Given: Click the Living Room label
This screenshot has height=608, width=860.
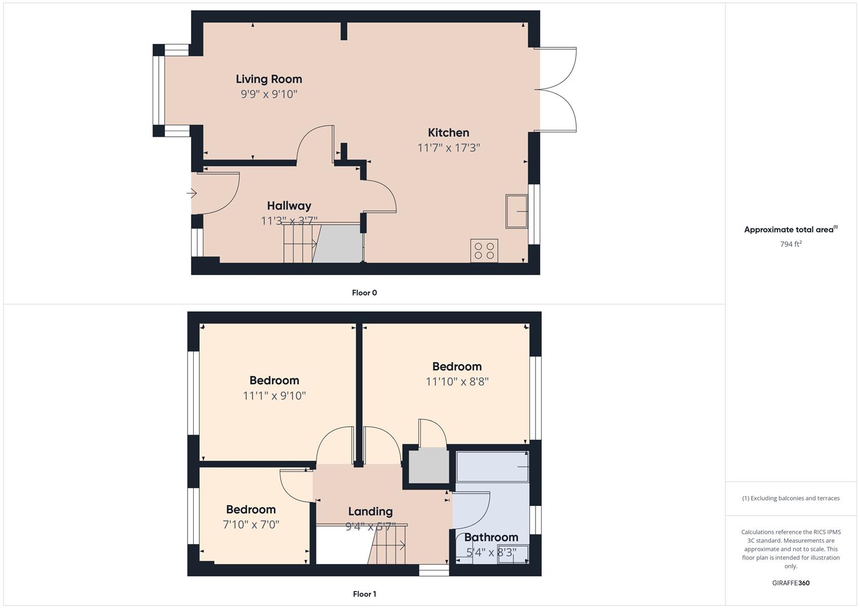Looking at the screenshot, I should coord(269,79).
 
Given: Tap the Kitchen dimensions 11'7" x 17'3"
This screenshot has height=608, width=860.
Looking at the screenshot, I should coord(448,147).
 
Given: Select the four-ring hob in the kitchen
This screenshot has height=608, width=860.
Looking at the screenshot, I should coord(484,251).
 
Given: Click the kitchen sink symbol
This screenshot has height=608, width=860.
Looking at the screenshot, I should coord(516,211).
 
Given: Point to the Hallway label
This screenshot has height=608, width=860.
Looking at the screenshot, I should coord(289,206).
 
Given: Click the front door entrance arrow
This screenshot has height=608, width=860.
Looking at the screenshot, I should coord(192,194).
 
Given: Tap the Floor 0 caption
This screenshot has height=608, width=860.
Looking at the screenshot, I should coord(364,293).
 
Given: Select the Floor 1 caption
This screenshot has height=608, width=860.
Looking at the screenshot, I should coord(364,594).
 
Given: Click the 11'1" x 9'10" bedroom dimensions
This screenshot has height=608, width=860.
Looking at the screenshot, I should coord(274,396).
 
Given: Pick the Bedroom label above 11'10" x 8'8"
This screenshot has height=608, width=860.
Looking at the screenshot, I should coord(457,366).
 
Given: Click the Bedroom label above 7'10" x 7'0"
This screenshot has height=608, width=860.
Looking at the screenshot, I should coord(251,509).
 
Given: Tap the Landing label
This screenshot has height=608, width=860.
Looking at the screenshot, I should coord(370,512).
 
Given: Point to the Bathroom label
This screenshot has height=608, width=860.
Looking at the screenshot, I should coord(491,537).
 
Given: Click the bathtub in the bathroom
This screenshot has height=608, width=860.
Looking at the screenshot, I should coord(492,466).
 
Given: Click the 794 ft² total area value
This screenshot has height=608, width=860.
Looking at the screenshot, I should coord(791,244).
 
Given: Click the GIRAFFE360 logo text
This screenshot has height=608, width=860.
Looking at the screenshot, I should coord(791,583).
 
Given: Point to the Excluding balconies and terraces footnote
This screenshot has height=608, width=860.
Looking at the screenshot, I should coord(791,498).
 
